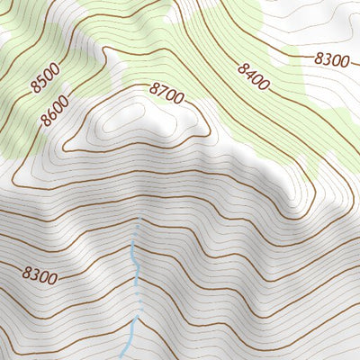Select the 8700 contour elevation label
(x=166, y=91)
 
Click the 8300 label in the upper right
(x=331, y=60)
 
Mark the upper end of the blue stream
(x=137, y=225)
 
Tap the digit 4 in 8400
(x=249, y=71)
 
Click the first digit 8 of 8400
(x=242, y=66)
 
